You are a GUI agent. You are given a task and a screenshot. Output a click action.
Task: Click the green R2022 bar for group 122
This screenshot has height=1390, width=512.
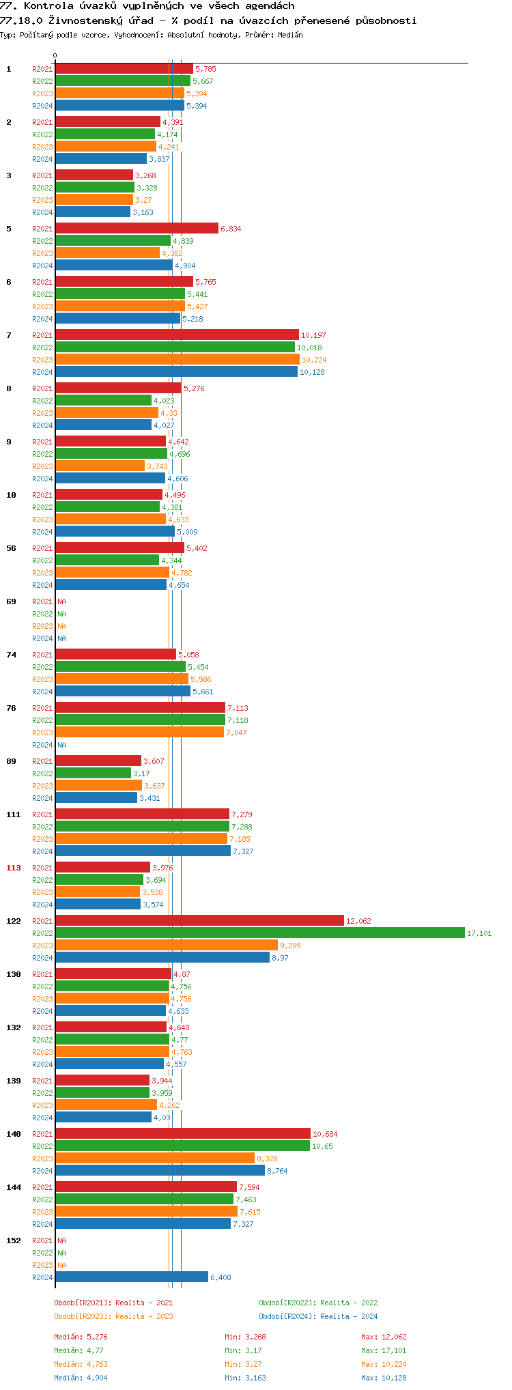coord(259,933)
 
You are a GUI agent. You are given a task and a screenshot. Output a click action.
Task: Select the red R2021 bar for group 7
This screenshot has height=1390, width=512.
coord(177,335)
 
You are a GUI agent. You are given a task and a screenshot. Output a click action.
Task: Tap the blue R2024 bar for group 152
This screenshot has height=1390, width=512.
coord(132,1277)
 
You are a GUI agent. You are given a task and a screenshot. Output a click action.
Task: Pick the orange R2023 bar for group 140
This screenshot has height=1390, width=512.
coord(155,1158)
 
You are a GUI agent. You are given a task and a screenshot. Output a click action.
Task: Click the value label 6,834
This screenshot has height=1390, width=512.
coord(231,229)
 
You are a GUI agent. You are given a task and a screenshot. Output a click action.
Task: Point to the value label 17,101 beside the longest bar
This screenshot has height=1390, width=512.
coord(479,933)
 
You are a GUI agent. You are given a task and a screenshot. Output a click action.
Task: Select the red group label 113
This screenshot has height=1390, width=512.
coord(14,868)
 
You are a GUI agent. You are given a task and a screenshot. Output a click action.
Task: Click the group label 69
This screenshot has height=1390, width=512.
coord(11,601)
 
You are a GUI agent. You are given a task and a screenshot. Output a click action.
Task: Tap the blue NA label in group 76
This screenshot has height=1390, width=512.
coord(61,745)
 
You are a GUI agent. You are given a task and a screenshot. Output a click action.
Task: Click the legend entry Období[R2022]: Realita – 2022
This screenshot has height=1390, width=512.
coord(318,1303)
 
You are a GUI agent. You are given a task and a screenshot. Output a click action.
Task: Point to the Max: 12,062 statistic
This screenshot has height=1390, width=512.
coord(384,1337)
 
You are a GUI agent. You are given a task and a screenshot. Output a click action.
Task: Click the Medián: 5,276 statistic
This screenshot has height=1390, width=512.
coord(81,1337)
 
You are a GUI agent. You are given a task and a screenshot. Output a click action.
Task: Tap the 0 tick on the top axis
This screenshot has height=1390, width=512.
coord(55,56)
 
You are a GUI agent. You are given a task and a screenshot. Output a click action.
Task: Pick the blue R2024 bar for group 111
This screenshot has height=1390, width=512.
coord(143,851)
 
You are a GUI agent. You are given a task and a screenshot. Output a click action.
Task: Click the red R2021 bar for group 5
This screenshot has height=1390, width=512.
coord(137,228)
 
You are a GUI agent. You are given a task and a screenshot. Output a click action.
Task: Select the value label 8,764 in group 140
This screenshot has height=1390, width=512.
coord(277,1171)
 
